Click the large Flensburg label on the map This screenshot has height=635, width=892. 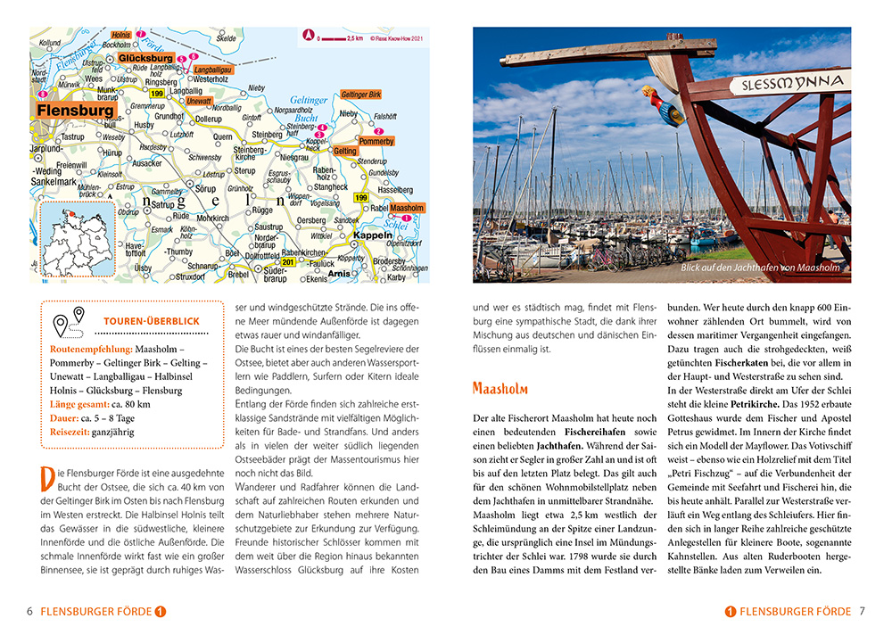coord(76,111)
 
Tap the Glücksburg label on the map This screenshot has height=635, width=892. coord(145,59)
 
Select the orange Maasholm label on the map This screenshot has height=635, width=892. coord(408,208)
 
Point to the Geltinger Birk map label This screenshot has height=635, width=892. coord(360,95)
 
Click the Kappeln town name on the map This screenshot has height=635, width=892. coord(372,235)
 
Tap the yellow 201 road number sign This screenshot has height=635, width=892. coord(288,261)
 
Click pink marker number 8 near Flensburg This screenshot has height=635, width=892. coord(42,94)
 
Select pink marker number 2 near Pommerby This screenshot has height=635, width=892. coord(378,130)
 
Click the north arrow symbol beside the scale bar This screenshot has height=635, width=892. coord(310,38)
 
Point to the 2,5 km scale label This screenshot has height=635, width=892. coord(354,38)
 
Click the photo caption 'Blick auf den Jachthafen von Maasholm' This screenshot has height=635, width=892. coord(759,267)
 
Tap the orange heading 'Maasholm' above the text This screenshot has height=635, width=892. coord(500,389)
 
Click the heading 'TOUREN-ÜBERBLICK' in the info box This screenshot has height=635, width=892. coord(151,320)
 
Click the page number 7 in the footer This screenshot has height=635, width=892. coord(863,612)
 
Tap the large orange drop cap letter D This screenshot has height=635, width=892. coord(51,480)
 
